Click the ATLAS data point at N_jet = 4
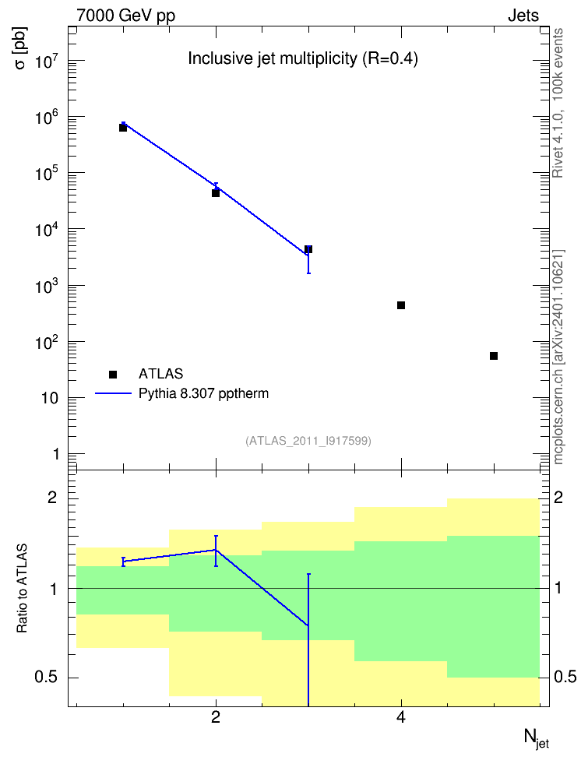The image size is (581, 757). click(x=401, y=305)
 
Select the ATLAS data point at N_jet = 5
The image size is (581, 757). click(x=494, y=356)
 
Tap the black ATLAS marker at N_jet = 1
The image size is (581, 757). click(x=123, y=128)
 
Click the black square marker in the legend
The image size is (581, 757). click(x=113, y=374)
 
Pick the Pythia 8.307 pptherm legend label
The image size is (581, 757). click(x=203, y=394)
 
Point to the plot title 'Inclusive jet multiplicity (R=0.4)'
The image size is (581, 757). click(x=303, y=58)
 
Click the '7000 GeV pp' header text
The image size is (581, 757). click(x=125, y=16)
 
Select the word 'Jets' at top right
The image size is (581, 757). click(x=523, y=16)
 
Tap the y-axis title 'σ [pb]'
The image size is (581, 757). click(x=21, y=48)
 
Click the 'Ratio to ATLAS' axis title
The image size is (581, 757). click(x=22, y=589)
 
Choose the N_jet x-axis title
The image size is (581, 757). click(x=536, y=738)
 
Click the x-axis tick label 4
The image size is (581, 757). click(x=401, y=717)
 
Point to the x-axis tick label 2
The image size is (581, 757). click(x=216, y=717)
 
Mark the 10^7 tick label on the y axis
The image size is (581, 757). click(x=46, y=60)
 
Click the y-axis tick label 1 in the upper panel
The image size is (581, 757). click(x=56, y=454)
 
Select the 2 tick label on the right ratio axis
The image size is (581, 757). click(x=558, y=497)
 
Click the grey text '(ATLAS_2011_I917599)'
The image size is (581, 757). click(x=308, y=441)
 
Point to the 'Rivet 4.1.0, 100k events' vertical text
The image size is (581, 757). click(x=558, y=103)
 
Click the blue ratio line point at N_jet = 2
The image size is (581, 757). click(x=216, y=550)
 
